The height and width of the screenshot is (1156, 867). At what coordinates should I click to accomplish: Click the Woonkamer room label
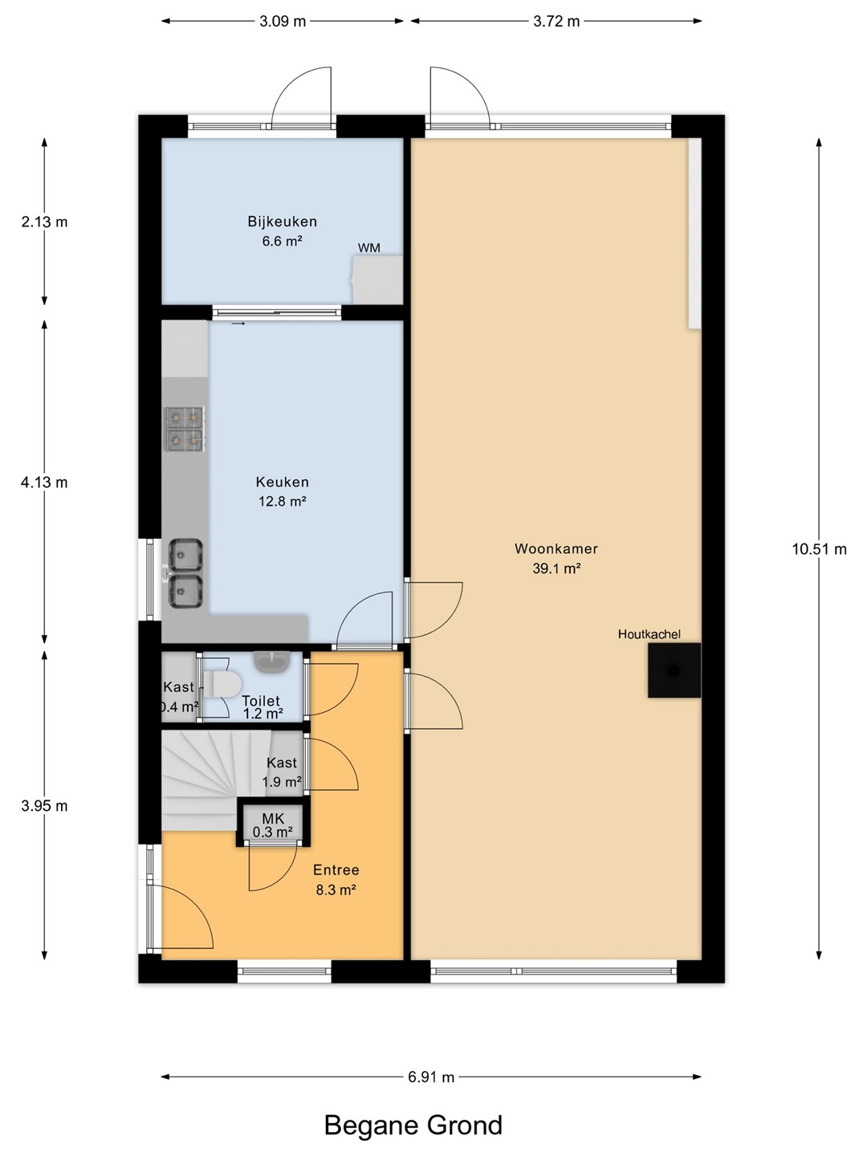[x=556, y=549]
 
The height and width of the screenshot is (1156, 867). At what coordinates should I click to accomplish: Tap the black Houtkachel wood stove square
[x=674, y=670]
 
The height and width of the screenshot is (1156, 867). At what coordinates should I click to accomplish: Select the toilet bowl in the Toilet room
[x=222, y=684]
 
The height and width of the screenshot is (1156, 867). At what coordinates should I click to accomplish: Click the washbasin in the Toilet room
[x=271, y=661]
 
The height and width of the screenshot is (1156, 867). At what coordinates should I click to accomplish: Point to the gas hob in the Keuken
[x=185, y=429]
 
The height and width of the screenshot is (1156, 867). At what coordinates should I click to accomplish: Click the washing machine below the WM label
[x=377, y=279]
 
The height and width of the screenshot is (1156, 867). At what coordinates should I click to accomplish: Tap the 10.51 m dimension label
[x=819, y=549]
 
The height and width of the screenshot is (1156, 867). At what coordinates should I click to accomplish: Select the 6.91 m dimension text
[x=430, y=1077]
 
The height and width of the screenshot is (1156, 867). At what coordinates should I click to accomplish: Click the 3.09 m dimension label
[x=282, y=21]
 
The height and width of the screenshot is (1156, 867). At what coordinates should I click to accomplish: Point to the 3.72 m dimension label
[x=556, y=21]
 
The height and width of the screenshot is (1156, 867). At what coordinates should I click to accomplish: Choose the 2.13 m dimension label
[x=44, y=222]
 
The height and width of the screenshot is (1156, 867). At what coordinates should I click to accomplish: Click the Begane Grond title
[x=413, y=1125]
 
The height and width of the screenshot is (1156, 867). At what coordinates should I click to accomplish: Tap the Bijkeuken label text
[x=282, y=222]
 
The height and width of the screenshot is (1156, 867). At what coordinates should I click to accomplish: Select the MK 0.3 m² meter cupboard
[x=273, y=824]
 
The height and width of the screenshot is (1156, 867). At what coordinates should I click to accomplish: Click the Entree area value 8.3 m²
[x=336, y=889]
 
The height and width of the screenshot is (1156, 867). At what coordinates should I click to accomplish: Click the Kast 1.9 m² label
[x=282, y=772]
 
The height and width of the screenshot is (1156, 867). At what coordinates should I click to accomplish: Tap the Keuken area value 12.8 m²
[x=282, y=501]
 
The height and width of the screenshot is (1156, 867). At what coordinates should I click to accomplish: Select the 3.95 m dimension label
[x=44, y=806]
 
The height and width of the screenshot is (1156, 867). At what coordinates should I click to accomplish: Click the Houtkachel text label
[x=649, y=634]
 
